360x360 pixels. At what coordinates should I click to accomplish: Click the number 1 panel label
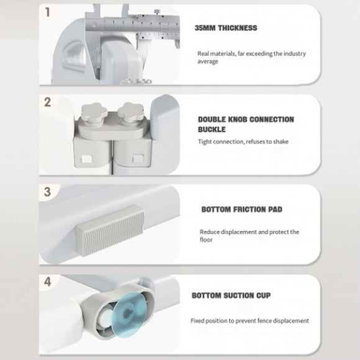pos(48,12)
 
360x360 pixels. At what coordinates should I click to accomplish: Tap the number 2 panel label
pos(47,102)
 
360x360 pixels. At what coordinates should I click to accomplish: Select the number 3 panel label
pos(47,192)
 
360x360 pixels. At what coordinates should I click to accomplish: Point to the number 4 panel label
pos(48,281)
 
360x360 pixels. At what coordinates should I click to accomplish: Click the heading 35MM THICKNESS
pos(226,28)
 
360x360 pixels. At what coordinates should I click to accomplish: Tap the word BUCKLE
pos(212,130)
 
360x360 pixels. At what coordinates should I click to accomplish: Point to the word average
pos(208,61)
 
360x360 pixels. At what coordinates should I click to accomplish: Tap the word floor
pos(206,240)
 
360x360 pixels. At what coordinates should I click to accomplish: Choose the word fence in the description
pos(264,320)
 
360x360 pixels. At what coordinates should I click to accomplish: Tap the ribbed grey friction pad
pos(110,230)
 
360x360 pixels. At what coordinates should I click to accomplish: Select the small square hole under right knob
pos(138,158)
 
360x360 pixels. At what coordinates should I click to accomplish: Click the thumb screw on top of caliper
pos(157,11)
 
